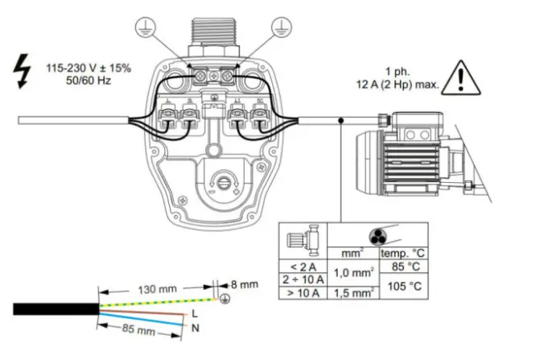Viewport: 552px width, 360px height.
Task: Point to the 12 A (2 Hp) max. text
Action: (400, 83)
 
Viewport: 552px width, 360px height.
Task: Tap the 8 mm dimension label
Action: (243, 284)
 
